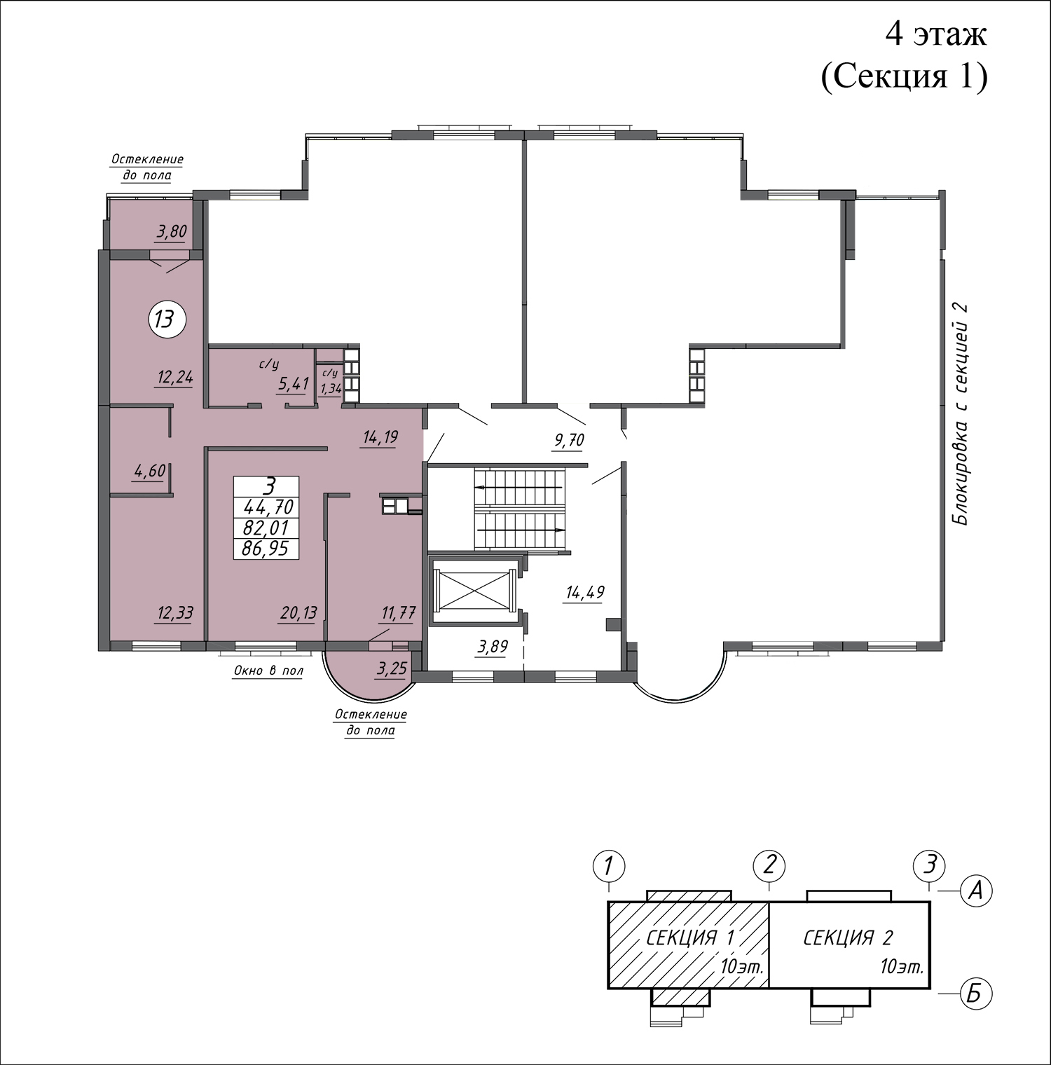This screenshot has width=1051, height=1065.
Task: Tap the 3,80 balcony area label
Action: pos(171,232)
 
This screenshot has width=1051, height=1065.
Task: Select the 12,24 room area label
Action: pos(174,378)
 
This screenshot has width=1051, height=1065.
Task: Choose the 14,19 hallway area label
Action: pos(380,438)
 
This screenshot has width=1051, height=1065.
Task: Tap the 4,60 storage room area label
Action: pos(149,470)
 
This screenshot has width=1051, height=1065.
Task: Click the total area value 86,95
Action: pos(266,549)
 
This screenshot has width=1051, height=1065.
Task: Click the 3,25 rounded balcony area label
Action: pos(392,669)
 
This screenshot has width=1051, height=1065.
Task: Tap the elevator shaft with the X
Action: pos(475,590)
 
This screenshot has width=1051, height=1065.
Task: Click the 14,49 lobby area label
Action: pos(585,593)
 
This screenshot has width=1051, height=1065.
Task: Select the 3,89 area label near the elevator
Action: pos(492,647)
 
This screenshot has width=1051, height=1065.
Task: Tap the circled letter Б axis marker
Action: pos(975,994)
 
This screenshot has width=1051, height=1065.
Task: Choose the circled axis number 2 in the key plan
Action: pos(769,865)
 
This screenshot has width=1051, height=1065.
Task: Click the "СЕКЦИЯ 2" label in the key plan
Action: pos(848,937)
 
